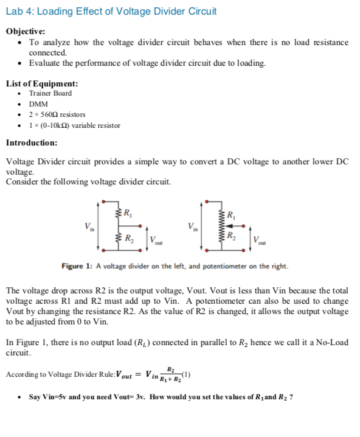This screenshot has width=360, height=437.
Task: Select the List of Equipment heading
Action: (x=41, y=83)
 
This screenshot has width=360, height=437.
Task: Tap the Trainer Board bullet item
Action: (x=50, y=93)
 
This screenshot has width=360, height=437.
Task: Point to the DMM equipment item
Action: (x=38, y=104)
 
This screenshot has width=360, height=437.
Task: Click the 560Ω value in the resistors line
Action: (x=48, y=114)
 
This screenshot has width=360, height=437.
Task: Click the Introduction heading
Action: (x=32, y=142)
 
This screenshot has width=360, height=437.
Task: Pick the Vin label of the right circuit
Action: (x=193, y=225)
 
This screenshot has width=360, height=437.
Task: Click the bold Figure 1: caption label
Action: (x=76, y=266)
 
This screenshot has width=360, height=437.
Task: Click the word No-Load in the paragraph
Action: (x=330, y=342)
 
